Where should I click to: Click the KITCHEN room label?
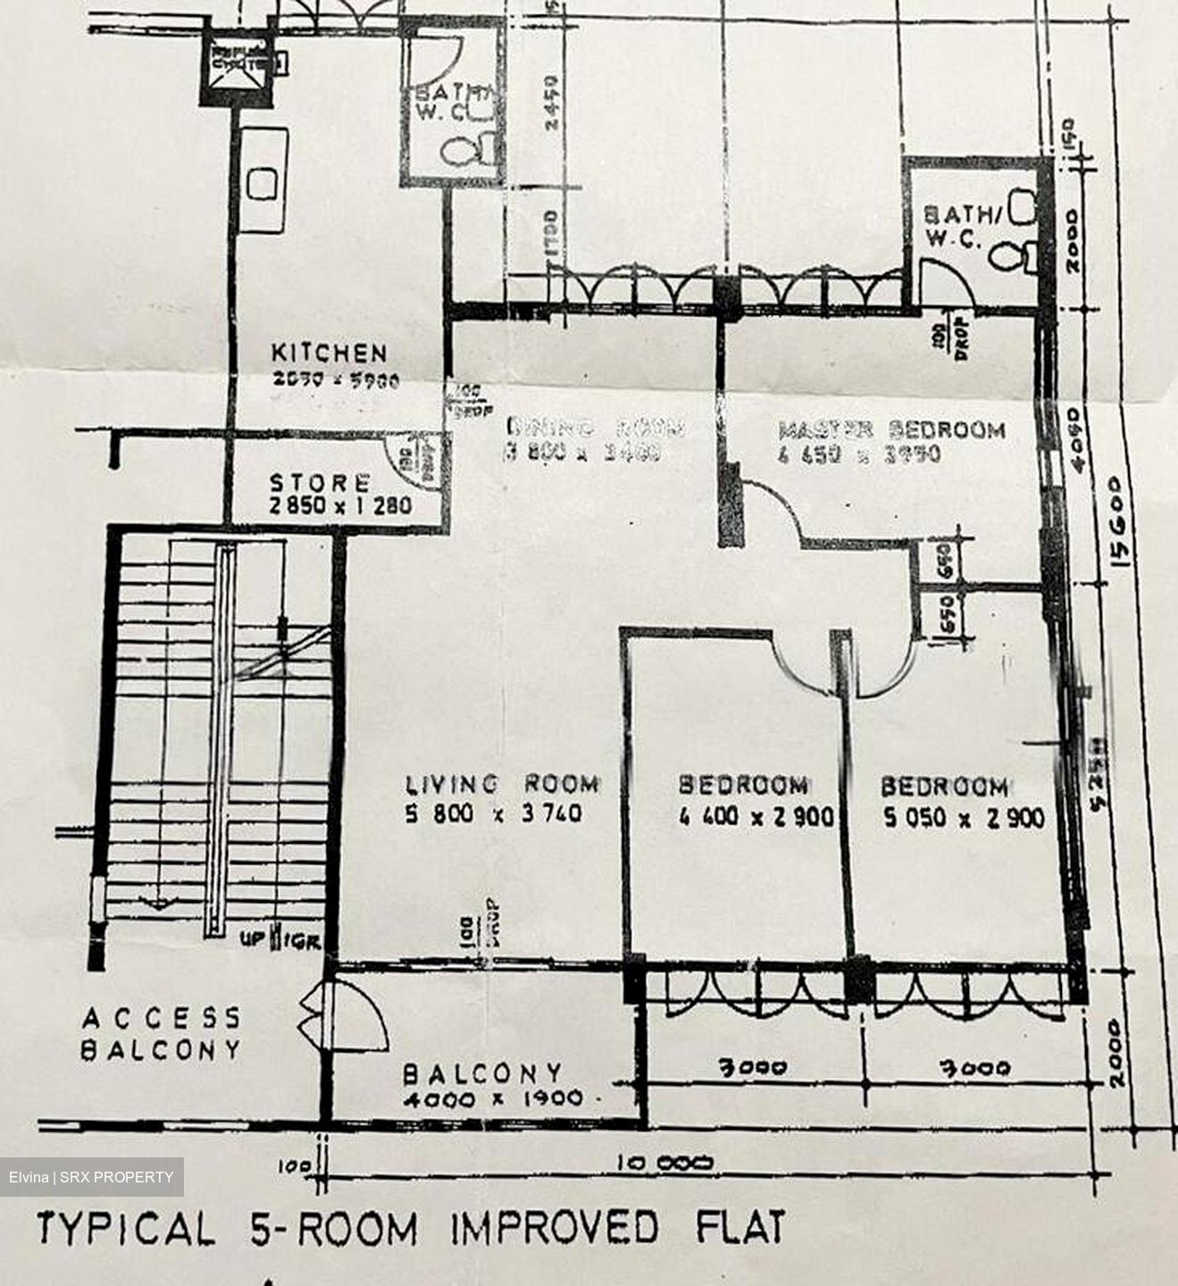329,354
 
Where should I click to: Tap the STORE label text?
320,484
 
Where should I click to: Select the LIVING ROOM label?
502,785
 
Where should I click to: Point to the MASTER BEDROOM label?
891,430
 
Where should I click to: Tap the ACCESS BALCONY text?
161,1033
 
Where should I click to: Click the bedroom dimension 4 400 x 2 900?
756,817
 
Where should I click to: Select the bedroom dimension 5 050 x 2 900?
963,817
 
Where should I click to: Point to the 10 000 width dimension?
665,1163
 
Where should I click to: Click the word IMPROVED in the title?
554,1230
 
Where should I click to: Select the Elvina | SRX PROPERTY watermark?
91,1177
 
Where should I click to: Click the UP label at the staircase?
252,939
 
